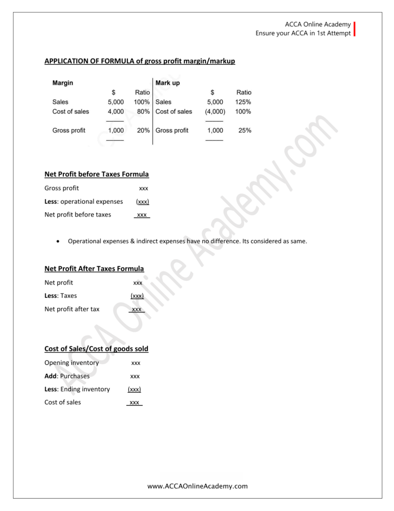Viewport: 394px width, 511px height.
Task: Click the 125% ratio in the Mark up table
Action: click(243, 102)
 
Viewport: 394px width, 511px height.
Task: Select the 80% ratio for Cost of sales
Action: click(143, 111)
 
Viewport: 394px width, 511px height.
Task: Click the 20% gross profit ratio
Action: click(143, 130)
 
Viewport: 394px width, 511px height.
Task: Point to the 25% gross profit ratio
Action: click(245, 130)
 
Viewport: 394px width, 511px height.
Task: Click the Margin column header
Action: click(62, 82)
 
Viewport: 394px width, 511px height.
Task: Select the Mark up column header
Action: click(167, 82)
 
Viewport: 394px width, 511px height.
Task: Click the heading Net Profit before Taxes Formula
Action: click(96, 175)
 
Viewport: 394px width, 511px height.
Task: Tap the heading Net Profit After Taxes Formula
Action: click(94, 268)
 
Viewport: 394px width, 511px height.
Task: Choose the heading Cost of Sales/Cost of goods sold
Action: click(96, 348)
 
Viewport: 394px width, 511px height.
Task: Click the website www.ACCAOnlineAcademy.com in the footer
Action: click(198, 486)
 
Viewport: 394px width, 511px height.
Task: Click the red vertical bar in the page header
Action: click(354, 29)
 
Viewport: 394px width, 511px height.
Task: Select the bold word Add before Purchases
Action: click(50, 376)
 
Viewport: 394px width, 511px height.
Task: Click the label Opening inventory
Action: click(71, 363)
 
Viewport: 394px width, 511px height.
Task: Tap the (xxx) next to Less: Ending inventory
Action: click(134, 389)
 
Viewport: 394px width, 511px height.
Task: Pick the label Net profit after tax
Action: click(71, 309)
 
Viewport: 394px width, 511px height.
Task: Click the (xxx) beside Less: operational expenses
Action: click(142, 202)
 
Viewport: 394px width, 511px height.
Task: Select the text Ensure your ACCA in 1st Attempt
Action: click(303, 33)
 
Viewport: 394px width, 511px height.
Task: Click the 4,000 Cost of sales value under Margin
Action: click(115, 111)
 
